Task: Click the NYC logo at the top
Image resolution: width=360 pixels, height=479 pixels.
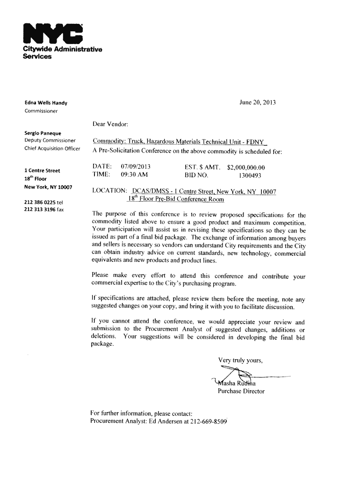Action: pyautogui.click(x=52, y=32)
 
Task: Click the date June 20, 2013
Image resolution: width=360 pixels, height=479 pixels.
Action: pyautogui.click(x=257, y=102)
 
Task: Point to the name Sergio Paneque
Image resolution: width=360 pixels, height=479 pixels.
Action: pyautogui.click(x=40, y=133)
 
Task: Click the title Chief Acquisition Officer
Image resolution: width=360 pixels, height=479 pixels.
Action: pyautogui.click(x=52, y=149)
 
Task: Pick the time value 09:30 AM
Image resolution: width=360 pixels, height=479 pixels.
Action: pyautogui.click(x=134, y=174)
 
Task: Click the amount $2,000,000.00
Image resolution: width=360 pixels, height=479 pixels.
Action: pyautogui.click(x=246, y=167)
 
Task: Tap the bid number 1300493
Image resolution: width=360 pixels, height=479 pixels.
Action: pyautogui.click(x=250, y=175)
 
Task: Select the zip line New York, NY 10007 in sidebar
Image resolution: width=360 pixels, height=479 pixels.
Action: pyautogui.click(x=48, y=187)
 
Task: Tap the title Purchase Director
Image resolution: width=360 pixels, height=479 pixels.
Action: pyautogui.click(x=241, y=391)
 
